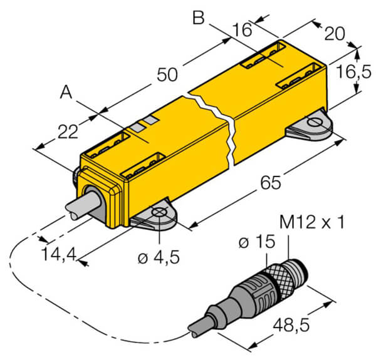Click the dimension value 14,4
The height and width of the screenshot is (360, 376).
[59, 255]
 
